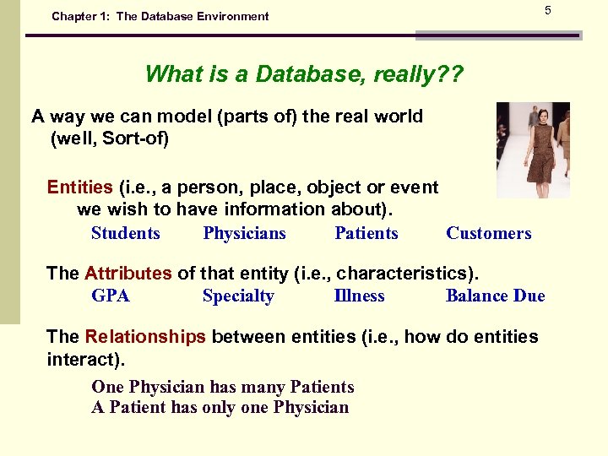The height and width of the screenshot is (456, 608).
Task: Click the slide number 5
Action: (x=547, y=10)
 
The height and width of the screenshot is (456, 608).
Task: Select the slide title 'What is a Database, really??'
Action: (x=303, y=74)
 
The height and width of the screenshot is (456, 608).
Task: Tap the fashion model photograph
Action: (x=533, y=149)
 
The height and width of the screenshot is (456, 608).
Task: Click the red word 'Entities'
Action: (x=79, y=187)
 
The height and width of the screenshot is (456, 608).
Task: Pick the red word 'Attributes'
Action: (x=128, y=274)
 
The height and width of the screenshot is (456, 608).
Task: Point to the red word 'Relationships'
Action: (x=144, y=337)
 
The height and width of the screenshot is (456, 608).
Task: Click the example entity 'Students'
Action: (x=125, y=234)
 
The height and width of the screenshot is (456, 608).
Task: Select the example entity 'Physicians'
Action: (x=244, y=234)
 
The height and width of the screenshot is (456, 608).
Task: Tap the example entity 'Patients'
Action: (x=366, y=234)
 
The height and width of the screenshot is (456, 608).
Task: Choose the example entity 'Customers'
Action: (x=488, y=234)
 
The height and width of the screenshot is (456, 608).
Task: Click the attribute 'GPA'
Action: (x=111, y=296)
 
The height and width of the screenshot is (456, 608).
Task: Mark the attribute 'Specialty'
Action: (x=238, y=296)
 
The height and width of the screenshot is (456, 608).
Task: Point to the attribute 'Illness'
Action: (x=359, y=296)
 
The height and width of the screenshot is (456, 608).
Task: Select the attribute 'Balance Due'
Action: (x=495, y=296)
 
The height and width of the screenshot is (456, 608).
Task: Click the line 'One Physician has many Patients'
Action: (x=222, y=388)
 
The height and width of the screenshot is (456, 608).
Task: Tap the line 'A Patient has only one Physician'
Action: (x=220, y=408)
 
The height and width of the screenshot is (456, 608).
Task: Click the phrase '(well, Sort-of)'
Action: (x=110, y=138)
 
